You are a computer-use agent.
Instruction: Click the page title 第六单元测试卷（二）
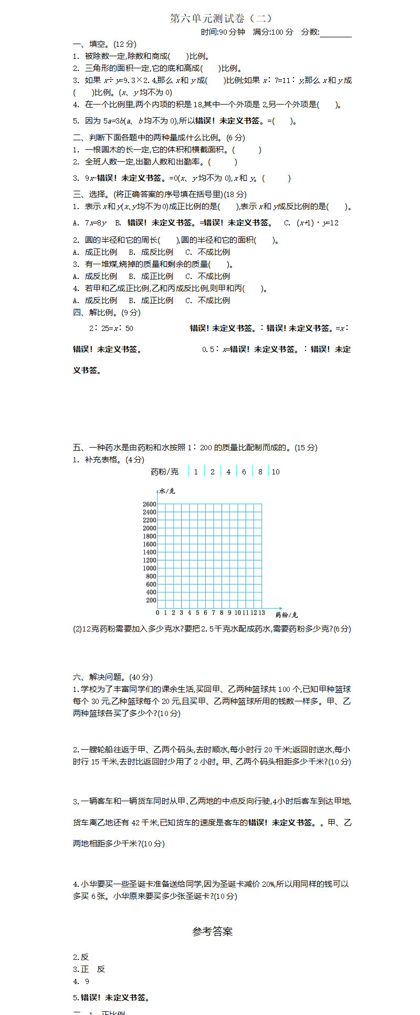[x=221, y=19]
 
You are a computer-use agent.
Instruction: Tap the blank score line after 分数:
[x=335, y=33]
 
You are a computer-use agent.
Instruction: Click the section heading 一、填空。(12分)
[x=104, y=44]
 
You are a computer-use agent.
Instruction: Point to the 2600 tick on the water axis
[x=149, y=504]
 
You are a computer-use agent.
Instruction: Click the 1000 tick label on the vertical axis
[x=149, y=568]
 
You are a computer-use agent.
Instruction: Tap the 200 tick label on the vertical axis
[x=151, y=600]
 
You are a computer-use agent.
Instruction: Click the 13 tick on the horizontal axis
[x=261, y=613]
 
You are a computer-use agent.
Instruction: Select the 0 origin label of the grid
[x=157, y=613]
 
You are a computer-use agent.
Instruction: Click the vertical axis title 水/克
[x=167, y=491]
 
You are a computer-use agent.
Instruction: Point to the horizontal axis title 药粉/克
[x=286, y=615]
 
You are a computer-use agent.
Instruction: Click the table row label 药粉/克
[x=164, y=472]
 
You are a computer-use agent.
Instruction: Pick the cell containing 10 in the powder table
[x=276, y=472]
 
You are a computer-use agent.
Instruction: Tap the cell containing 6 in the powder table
[x=244, y=472]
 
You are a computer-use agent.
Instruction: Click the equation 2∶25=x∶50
[x=111, y=328]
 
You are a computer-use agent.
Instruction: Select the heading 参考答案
[x=212, y=931]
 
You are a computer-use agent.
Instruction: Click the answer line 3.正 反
[x=89, y=969]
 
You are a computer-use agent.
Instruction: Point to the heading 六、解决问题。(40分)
[x=112, y=677]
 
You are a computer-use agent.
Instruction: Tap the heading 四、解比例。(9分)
[x=107, y=313]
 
